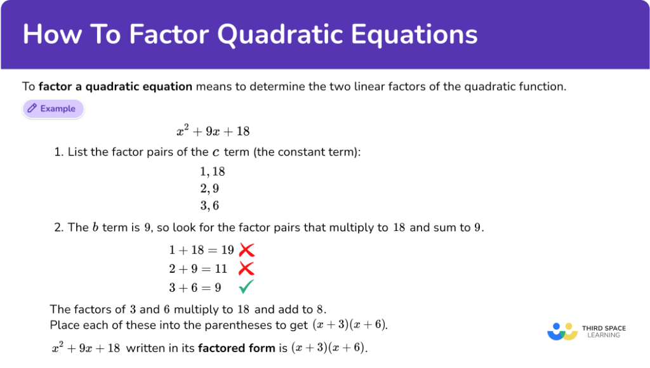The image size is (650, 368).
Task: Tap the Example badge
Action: (x=53, y=109)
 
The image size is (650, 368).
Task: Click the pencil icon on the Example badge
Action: (x=32, y=108)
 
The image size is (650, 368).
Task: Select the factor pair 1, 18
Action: (x=212, y=171)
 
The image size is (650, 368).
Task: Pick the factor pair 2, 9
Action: (x=209, y=188)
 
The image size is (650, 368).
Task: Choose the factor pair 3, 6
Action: (x=209, y=206)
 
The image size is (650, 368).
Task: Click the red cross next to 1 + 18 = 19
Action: (x=247, y=250)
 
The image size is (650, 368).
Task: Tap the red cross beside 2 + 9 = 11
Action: (x=246, y=268)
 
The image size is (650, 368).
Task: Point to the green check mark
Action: (x=246, y=287)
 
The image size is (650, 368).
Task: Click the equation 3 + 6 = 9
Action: (x=195, y=287)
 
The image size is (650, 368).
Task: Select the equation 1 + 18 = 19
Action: (x=201, y=250)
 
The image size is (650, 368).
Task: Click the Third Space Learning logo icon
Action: (x=562, y=332)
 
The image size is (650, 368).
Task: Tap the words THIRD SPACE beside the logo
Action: (x=604, y=328)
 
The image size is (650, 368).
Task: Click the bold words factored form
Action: (x=237, y=348)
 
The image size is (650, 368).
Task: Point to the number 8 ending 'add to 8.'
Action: (x=320, y=310)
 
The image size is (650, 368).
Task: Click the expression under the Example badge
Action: (x=213, y=131)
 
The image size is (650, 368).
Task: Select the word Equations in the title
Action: (x=414, y=34)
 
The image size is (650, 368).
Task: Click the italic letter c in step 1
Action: (x=216, y=152)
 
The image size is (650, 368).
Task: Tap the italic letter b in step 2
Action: (x=95, y=228)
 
